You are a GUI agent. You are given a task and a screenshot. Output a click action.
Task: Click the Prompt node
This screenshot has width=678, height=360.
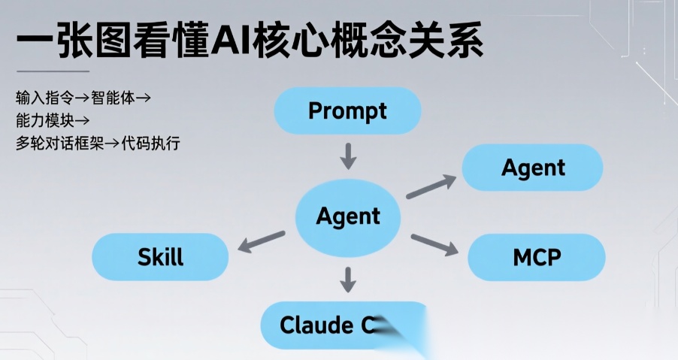(347, 112)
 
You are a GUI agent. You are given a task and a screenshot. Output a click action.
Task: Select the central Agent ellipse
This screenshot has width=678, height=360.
(348, 217)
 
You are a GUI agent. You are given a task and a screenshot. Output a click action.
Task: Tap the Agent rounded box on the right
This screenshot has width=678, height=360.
(533, 168)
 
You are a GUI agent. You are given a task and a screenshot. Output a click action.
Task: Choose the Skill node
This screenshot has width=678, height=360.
(160, 257)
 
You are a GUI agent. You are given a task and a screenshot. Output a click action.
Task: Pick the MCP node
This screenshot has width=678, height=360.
(537, 257)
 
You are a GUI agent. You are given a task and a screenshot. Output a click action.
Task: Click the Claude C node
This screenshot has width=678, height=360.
(331, 325)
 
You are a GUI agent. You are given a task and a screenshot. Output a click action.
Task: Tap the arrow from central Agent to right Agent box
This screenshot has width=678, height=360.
(431, 186)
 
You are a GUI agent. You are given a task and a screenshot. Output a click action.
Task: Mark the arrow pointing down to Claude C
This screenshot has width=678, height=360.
(347, 279)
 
